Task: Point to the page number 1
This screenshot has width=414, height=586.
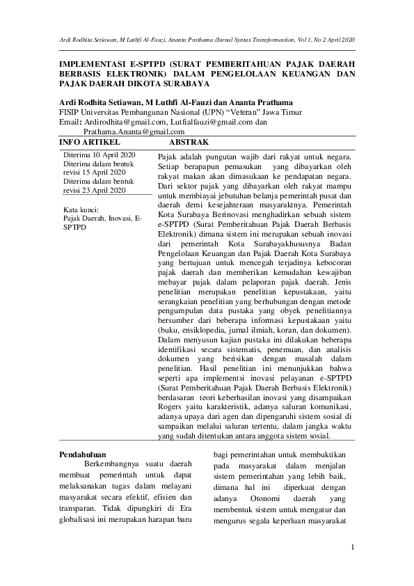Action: pyautogui.click(x=353, y=548)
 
